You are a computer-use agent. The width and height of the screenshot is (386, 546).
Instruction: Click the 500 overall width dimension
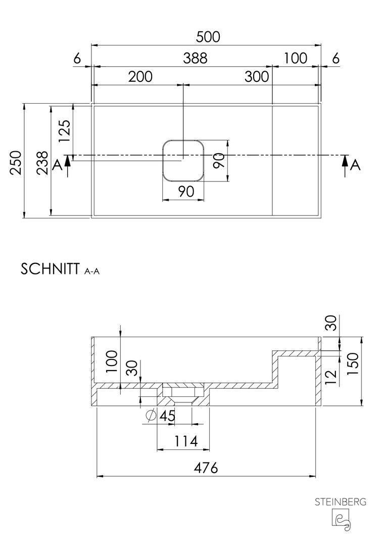tap(208, 37)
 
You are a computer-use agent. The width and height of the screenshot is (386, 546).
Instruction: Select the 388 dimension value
tap(195, 58)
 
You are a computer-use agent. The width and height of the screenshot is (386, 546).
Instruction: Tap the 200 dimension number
tap(140, 77)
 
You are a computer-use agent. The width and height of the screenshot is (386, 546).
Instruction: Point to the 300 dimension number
tap(257, 77)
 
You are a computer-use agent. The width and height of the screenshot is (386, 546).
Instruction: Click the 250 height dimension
tap(16, 163)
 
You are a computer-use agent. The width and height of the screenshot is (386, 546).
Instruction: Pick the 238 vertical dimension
tap(42, 163)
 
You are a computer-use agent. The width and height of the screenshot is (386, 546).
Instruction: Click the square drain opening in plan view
tap(183, 161)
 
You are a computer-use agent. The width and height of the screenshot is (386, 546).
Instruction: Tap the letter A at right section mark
tap(355, 165)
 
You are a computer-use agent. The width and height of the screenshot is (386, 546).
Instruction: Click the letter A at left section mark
tap(58, 165)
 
